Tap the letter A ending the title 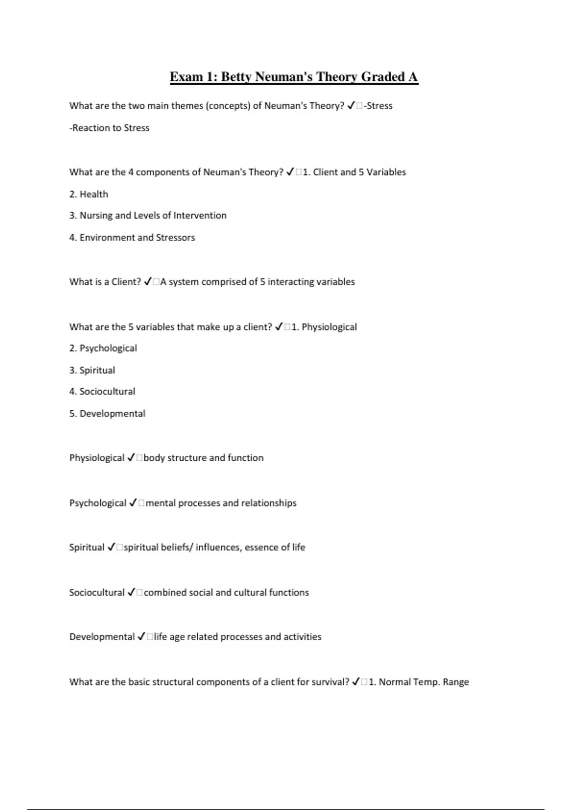click(x=413, y=77)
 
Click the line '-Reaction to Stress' click(x=109, y=128)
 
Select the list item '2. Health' click(x=89, y=194)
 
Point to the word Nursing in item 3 click(x=96, y=215)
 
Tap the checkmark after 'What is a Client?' click(x=148, y=282)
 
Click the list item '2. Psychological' click(x=103, y=348)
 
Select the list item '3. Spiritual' click(x=92, y=370)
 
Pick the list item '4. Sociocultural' click(x=102, y=391)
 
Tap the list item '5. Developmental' click(x=107, y=414)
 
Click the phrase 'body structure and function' click(x=204, y=458)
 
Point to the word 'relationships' click(x=269, y=503)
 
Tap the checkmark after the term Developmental click(x=142, y=637)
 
